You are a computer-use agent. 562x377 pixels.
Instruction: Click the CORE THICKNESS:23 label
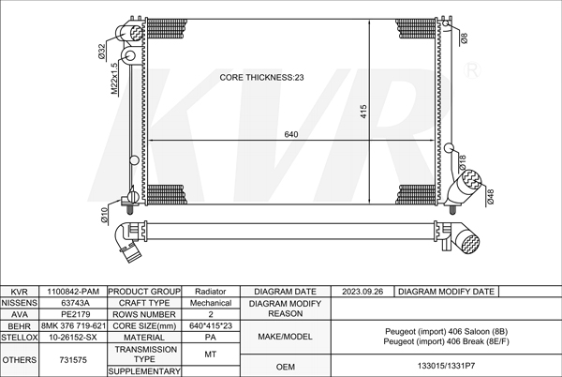(x=261, y=78)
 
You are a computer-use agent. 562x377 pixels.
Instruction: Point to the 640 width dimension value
(x=291, y=134)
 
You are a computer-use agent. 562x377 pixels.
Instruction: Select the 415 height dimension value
(x=363, y=112)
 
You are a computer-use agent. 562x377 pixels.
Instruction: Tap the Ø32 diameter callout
(x=101, y=51)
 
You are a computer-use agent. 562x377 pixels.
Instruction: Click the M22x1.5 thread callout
(x=114, y=79)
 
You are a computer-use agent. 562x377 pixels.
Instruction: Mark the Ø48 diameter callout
(x=490, y=197)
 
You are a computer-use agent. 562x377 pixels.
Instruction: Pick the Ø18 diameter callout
(x=463, y=162)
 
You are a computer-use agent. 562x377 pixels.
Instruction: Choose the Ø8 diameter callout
(x=464, y=38)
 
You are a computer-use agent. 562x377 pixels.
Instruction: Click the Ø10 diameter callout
(x=104, y=216)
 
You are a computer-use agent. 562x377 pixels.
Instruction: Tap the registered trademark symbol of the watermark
(x=472, y=70)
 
